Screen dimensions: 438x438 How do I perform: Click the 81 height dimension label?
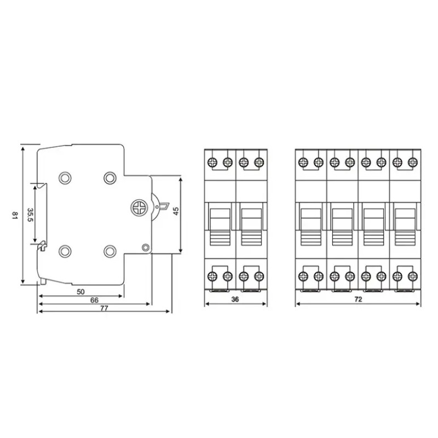coord(15,215)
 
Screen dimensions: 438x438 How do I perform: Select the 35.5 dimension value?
coord(30,215)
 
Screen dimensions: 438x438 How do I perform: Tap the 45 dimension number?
coord(176,211)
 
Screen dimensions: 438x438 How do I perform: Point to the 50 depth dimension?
coord(80,292)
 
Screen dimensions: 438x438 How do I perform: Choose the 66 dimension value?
coord(94,300)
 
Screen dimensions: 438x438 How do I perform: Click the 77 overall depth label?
coord(104,308)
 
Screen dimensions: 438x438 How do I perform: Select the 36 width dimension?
coord(235,299)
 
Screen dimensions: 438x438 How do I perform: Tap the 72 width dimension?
coord(358,299)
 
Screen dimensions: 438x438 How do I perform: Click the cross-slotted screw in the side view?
coord(139,208)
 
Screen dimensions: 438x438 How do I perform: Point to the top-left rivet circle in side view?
coord(65,178)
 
